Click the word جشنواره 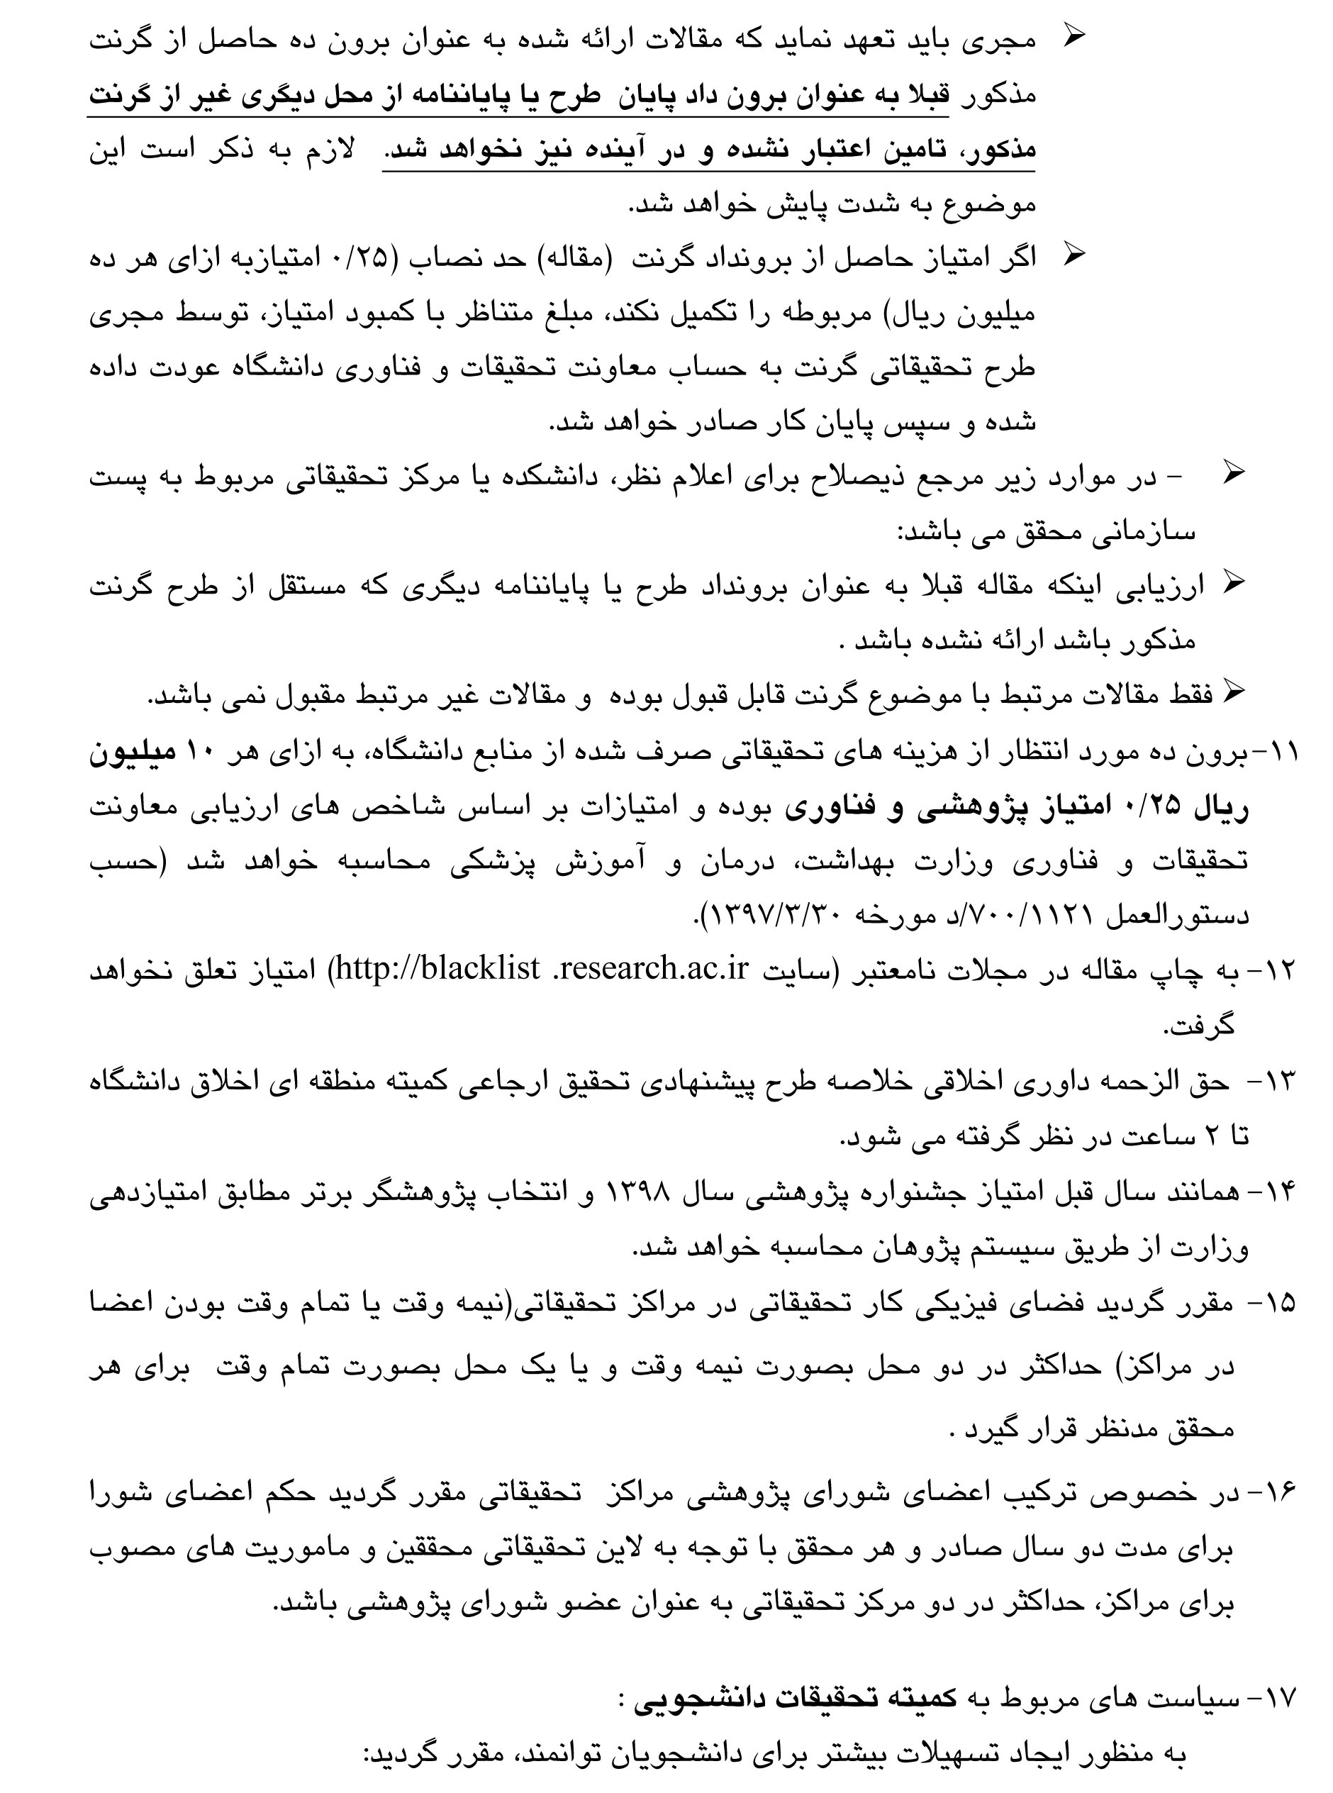point(899,1192)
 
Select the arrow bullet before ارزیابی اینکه point(1234,582)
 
